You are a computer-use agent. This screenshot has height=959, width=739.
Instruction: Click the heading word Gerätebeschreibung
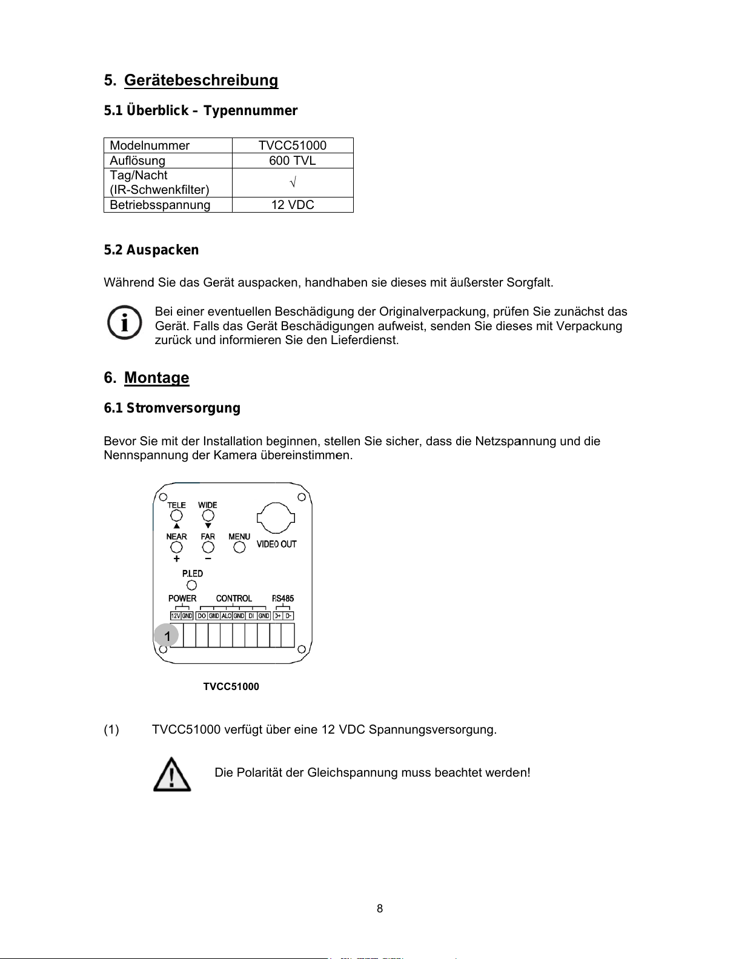coord(200,81)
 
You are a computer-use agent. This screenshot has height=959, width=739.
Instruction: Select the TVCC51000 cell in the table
coord(292,145)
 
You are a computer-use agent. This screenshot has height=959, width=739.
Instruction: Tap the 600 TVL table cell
coord(292,161)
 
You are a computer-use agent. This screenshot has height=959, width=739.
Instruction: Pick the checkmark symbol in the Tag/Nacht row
coord(292,182)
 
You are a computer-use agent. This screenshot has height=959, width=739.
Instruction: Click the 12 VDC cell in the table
coord(292,205)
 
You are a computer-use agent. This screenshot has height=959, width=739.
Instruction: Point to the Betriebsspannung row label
coord(160,205)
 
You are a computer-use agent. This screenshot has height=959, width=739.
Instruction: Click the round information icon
coord(124,323)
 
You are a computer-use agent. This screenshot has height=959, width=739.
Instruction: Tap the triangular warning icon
coord(172,774)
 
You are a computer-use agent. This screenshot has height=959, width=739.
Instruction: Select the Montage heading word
coord(156,378)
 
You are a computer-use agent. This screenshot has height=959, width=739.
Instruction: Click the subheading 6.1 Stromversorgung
coord(172,408)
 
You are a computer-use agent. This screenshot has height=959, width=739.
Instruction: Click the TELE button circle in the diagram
coord(176,516)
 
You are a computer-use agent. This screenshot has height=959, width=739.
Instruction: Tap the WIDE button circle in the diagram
coord(208,516)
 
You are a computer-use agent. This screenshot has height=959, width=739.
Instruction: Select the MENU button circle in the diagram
coord(239,547)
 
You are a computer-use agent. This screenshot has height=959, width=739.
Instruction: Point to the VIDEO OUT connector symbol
coord(276,519)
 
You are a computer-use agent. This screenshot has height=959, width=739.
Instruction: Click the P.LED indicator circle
coord(192,585)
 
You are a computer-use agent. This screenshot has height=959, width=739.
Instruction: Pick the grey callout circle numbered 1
coord(167,635)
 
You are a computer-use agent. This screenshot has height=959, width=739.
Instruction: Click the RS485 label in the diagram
coord(283,599)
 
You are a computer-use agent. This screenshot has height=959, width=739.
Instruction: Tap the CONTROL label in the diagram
coord(234,599)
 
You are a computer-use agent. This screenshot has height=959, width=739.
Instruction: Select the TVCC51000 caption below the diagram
coord(231,686)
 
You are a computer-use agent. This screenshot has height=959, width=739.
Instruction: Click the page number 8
coord(380,908)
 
